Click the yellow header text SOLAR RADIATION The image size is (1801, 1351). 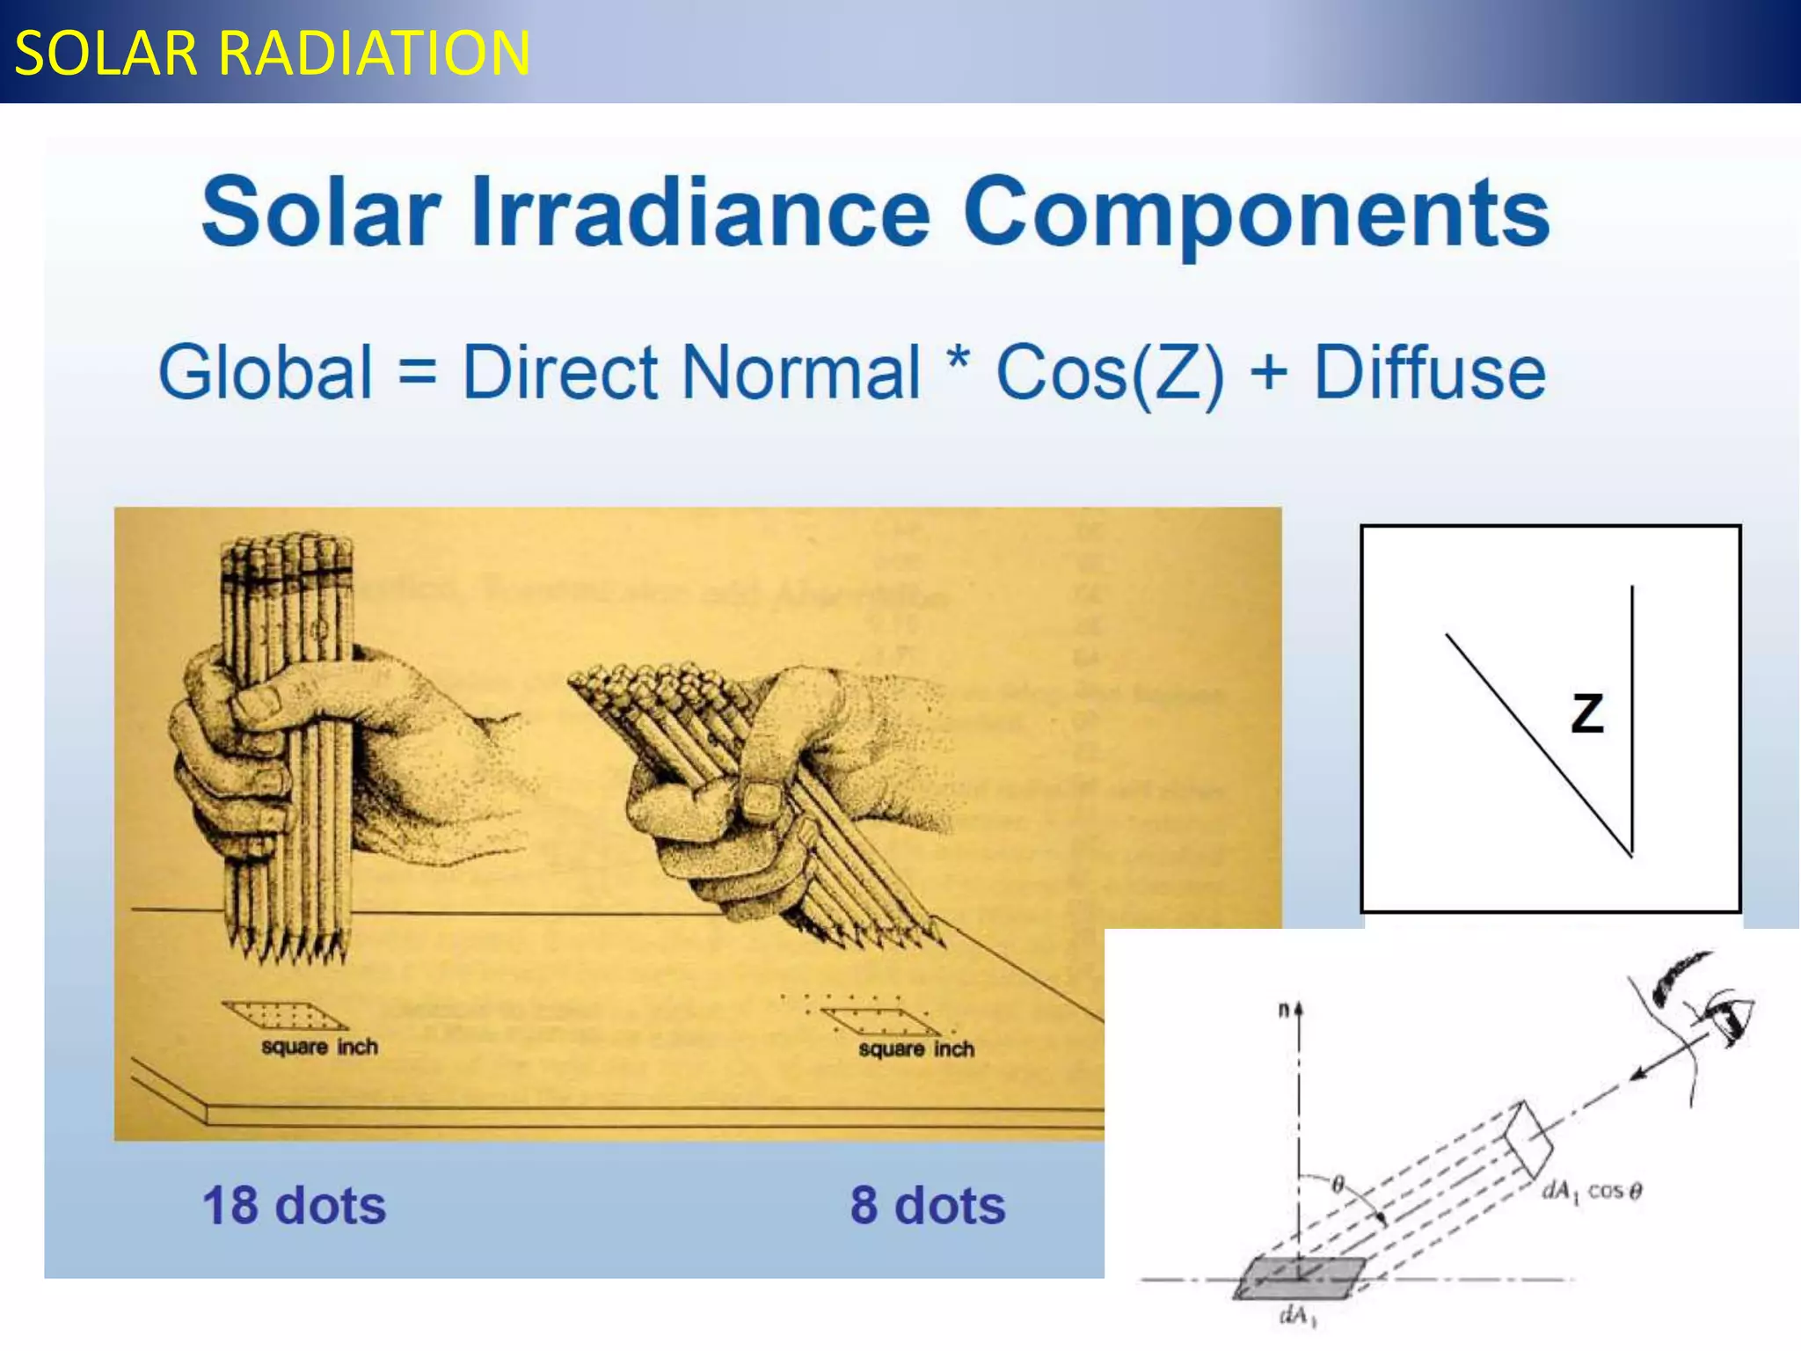coord(273,53)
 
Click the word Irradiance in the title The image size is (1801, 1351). coord(699,213)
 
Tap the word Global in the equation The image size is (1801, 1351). coord(266,373)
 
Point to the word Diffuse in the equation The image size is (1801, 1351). coord(1429,373)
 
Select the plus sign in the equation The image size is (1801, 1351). coord(1268,373)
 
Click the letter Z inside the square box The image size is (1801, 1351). coord(1587,713)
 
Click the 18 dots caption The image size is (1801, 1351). coord(294,1205)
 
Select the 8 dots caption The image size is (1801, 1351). coord(927,1205)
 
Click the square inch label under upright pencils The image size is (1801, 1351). coord(319,1047)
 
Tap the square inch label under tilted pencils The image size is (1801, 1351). coord(916,1048)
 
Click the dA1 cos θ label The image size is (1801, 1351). coord(1592,1192)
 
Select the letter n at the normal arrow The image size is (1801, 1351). coord(1284,1011)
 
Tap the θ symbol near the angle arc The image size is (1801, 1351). coord(1338,1185)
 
